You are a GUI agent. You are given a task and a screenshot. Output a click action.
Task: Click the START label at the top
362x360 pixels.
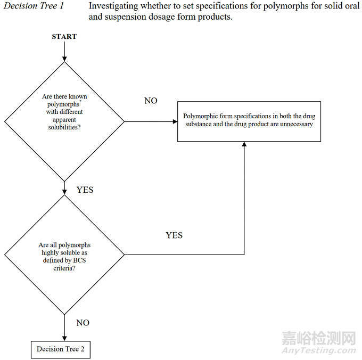(64, 37)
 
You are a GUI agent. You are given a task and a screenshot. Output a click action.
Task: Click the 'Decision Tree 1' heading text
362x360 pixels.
(34, 6)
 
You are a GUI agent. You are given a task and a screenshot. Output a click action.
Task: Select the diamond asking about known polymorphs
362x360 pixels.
(64, 121)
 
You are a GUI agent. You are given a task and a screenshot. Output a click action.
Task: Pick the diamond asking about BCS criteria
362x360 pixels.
(64, 254)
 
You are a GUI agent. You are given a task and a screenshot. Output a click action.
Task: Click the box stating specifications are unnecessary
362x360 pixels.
(249, 121)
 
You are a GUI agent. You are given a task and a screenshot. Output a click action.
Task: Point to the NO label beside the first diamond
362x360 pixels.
(151, 101)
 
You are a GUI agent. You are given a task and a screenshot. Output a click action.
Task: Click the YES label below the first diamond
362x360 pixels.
(85, 190)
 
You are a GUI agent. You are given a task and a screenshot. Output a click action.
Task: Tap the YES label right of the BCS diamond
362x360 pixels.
(174, 235)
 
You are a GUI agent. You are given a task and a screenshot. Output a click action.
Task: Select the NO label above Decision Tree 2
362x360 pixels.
(83, 323)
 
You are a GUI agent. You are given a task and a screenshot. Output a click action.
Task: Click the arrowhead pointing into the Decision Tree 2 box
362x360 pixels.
(64, 338)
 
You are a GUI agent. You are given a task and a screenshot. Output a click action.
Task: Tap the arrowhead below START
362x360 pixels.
(64, 58)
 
